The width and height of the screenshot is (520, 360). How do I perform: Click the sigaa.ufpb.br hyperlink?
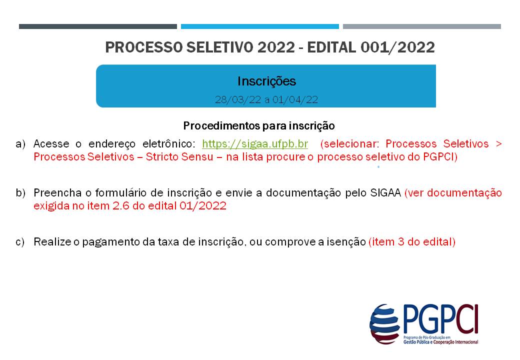pyautogui.click(x=255, y=144)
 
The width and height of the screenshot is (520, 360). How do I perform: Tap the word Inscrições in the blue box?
pyautogui.click(x=266, y=81)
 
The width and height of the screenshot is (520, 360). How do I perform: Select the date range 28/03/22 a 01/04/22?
pyautogui.click(x=266, y=99)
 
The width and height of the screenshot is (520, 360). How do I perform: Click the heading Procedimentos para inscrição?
pyautogui.click(x=259, y=125)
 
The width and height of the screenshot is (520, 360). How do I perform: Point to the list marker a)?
pyautogui.click(x=20, y=144)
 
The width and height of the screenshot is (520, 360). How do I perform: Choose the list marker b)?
pyautogui.click(x=20, y=193)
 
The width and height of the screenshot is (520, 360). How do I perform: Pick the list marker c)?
pyautogui.click(x=20, y=242)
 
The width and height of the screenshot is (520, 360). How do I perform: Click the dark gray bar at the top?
pyautogui.click(x=98, y=26)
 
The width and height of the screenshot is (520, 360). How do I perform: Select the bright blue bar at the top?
pyautogui.click(x=260, y=26)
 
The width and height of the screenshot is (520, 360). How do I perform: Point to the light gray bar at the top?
pyautogui.click(x=422, y=26)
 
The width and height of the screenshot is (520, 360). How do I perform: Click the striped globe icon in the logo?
pyautogui.click(x=385, y=324)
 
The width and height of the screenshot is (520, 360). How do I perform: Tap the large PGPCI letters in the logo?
pyautogui.click(x=440, y=319)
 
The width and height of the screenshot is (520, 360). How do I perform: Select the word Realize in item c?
pyautogui.click(x=50, y=242)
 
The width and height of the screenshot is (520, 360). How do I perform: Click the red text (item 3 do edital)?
pyautogui.click(x=412, y=242)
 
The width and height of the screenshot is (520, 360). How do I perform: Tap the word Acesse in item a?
pyautogui.click(x=48, y=144)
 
